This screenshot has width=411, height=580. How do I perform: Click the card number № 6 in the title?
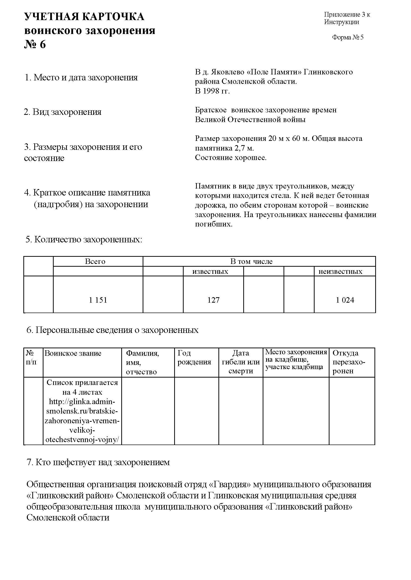tap(35, 44)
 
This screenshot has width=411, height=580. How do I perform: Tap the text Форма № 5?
tap(348, 37)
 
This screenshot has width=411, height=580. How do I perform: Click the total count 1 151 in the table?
tap(98, 300)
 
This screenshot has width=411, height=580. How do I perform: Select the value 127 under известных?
tap(213, 300)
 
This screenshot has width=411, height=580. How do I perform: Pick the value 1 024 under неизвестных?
tap(345, 300)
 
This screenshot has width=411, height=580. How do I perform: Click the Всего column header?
tap(95, 261)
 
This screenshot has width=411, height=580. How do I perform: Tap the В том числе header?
tap(251, 261)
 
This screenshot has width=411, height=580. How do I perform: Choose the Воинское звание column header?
tap(73, 353)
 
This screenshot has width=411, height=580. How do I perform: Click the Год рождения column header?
tap(194, 357)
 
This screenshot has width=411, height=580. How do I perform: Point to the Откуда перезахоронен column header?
tap(349, 362)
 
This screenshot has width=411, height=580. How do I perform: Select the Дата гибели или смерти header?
tap(241, 362)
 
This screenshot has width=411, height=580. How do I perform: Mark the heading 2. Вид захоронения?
tap(63, 112)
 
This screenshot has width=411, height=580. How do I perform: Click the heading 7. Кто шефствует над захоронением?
tap(98, 462)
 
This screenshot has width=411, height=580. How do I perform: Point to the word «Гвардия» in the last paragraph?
tap(230, 484)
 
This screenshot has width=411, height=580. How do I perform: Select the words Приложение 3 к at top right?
tap(347, 15)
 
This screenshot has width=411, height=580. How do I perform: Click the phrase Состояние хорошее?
tap(231, 158)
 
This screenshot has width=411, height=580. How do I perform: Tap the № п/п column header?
tap(31, 357)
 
